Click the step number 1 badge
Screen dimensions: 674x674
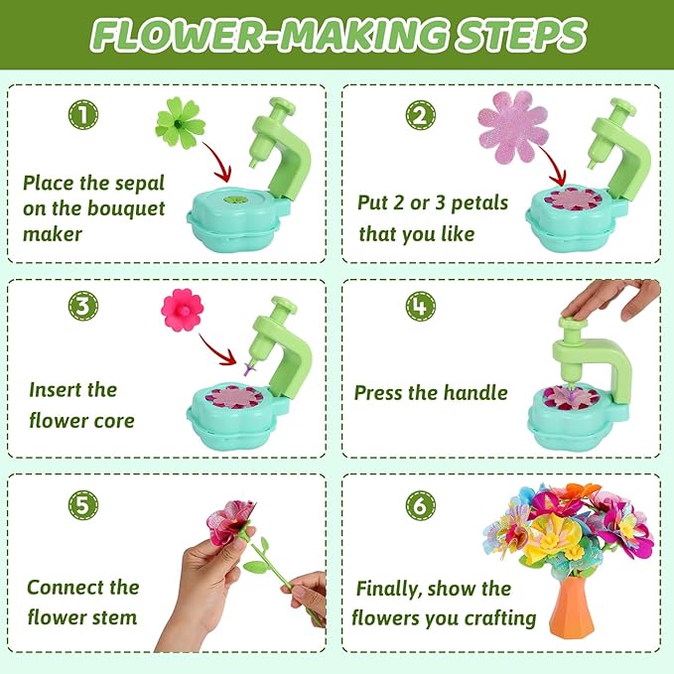(x=82, y=114)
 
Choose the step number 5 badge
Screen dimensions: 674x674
(x=82, y=505)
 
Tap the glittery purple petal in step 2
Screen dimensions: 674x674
(x=513, y=126)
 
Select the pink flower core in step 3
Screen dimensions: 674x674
(x=182, y=310)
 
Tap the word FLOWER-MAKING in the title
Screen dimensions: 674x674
(x=255, y=37)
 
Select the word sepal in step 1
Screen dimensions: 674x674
(x=137, y=183)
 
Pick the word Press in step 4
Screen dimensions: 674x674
(x=383, y=392)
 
